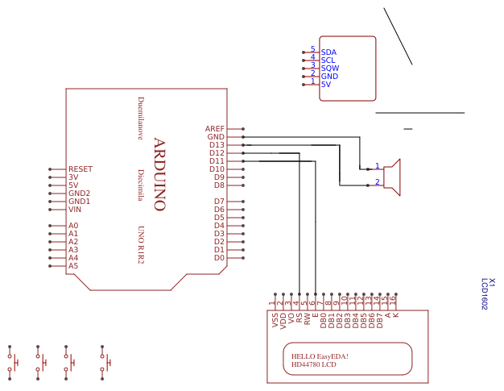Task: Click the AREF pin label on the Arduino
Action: point(215,129)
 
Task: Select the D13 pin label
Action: point(217,145)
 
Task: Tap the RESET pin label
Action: point(81,169)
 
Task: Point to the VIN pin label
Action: point(75,210)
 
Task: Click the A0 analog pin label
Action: point(73,226)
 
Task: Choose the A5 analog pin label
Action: point(73,266)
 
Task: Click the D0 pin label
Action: point(219,258)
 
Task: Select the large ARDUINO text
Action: point(159,174)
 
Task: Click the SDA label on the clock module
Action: point(328,52)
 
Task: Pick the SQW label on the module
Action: point(329,69)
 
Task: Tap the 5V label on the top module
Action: point(326,85)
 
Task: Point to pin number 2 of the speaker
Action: point(377,182)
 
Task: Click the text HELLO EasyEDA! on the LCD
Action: point(320,356)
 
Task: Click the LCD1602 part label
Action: point(485,295)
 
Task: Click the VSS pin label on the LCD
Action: point(275,321)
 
